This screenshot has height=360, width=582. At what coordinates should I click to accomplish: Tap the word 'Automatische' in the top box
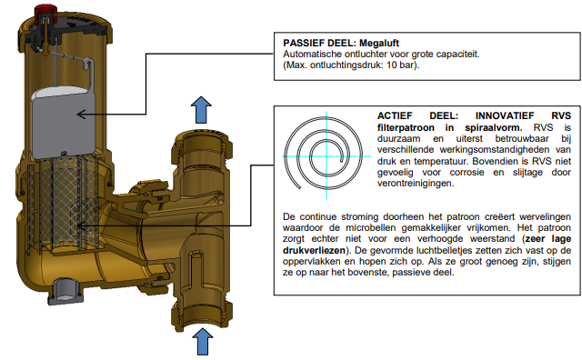(310, 55)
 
